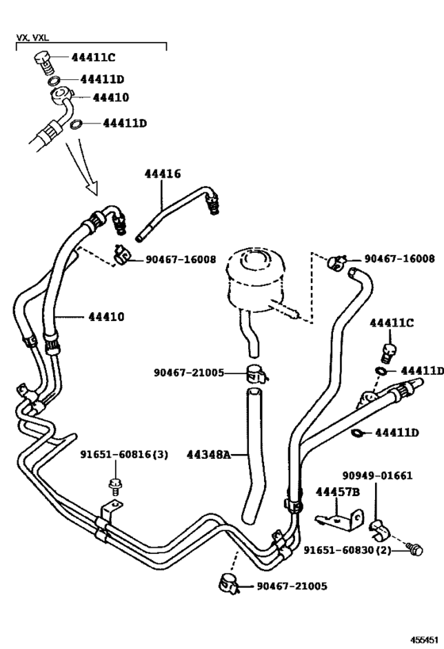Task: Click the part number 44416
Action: (162, 174)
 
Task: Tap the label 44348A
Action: (209, 454)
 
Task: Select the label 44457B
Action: (337, 492)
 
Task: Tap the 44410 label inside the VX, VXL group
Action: (110, 97)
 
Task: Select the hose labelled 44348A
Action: (255, 452)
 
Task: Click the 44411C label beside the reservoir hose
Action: (392, 323)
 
